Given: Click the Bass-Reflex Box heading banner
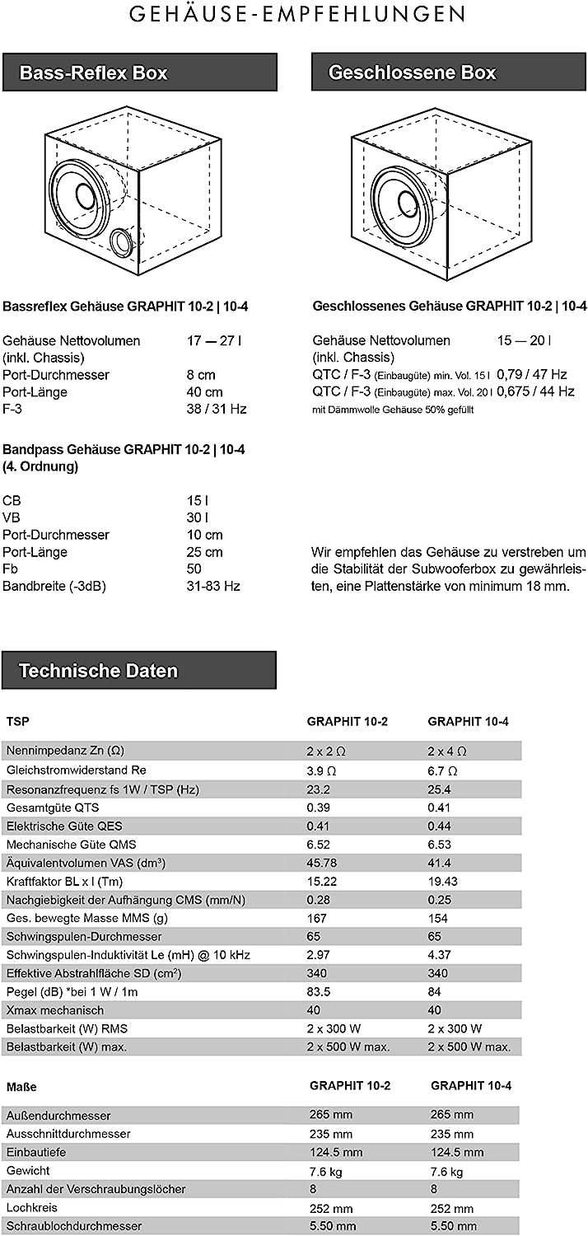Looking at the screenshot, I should (139, 73).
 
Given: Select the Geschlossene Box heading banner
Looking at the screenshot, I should (449, 73).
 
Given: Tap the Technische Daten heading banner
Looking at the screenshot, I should (139, 671).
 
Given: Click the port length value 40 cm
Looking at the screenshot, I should (205, 392).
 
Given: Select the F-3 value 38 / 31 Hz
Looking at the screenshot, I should (217, 409).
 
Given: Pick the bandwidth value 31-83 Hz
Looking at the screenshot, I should (213, 586).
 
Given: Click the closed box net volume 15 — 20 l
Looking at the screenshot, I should (524, 340).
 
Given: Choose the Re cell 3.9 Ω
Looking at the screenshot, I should (321, 770).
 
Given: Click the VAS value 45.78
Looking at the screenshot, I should (322, 863).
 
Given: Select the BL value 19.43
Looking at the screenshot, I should (444, 881).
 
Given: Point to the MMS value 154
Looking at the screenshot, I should (438, 918).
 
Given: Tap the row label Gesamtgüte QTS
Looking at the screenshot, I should (53, 808).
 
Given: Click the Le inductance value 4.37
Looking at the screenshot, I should (441, 955).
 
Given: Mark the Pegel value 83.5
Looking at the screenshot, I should (319, 992).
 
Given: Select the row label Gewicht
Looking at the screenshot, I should (28, 1171).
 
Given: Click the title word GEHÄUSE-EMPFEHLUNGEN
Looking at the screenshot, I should (294, 14).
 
